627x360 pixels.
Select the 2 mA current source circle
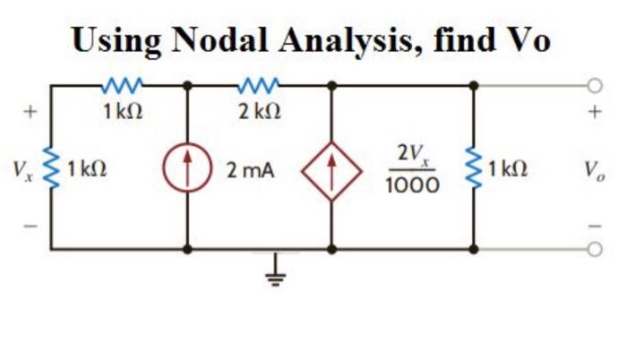click(187, 167)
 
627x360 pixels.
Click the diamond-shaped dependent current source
click(332, 167)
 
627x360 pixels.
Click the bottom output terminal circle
click(593, 249)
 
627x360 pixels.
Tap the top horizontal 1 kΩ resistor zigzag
click(118, 87)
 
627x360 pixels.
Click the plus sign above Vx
click(30, 114)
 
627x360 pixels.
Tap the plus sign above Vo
click(592, 114)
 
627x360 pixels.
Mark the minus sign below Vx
click(30, 225)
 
